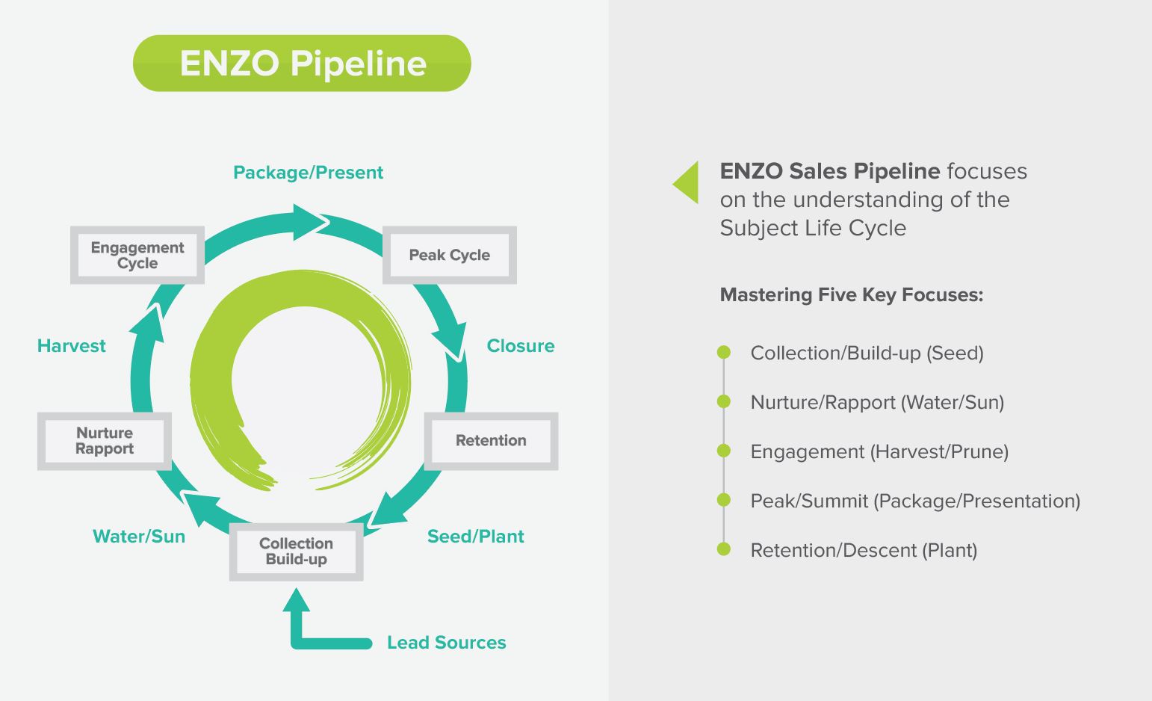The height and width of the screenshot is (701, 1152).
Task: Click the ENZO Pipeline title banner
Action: [302, 64]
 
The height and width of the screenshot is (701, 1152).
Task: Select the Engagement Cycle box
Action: [137, 255]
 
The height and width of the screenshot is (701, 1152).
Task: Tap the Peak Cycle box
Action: [449, 255]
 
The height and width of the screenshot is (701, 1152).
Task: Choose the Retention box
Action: [491, 441]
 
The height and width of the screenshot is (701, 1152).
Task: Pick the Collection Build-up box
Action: [296, 552]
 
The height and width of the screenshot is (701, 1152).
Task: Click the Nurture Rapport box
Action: [105, 441]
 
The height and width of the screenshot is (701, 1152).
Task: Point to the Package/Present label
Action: [308, 173]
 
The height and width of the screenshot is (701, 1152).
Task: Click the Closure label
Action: [521, 346]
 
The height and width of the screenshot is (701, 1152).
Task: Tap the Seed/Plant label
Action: [475, 537]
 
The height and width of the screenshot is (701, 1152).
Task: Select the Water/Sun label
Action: [139, 537]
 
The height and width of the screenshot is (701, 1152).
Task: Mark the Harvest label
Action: [72, 346]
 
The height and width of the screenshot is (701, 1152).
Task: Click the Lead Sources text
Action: [446, 643]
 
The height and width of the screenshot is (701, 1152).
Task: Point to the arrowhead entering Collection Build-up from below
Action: [297, 600]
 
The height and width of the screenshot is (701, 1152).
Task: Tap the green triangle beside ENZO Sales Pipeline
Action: [688, 182]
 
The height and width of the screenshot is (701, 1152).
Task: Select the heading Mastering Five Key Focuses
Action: [851, 295]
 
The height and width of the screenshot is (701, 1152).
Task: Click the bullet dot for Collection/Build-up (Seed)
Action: [723, 352]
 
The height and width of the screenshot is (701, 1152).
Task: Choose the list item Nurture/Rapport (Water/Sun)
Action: [877, 403]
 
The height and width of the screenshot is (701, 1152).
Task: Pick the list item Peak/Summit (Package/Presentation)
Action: [915, 501]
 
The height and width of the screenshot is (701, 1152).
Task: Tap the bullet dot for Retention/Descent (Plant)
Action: [723, 549]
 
